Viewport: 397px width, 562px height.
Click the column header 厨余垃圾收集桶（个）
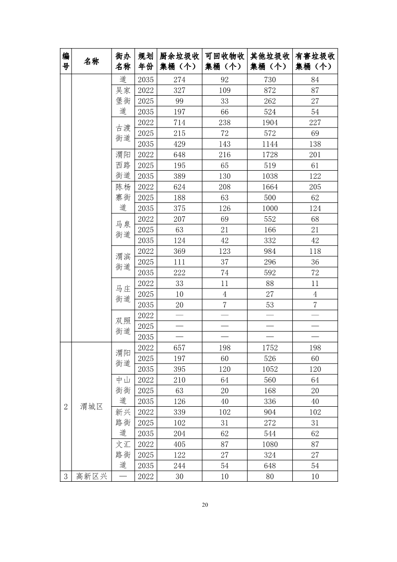[x=179, y=61]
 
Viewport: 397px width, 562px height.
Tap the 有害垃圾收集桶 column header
[x=315, y=61]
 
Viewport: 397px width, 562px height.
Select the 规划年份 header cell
[x=146, y=61]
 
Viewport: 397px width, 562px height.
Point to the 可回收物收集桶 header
[x=224, y=61]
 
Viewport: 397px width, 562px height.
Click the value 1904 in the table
[x=270, y=123]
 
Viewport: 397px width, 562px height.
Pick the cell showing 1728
[x=270, y=155]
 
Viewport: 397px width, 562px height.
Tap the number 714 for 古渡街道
[x=179, y=123]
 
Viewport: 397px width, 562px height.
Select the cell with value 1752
[x=270, y=348]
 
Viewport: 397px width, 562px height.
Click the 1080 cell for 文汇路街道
[x=270, y=444]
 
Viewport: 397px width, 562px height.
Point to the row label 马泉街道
[x=123, y=229]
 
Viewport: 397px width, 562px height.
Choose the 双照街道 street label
[x=123, y=326]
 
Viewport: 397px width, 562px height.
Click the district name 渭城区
[x=91, y=407]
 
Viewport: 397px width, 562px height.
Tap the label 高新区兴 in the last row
[x=91, y=476]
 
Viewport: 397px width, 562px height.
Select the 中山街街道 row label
[x=123, y=390]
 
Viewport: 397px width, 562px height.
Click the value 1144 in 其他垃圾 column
[x=270, y=144]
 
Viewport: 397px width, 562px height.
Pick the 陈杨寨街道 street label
[x=123, y=197]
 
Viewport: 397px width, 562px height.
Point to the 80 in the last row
[x=270, y=476]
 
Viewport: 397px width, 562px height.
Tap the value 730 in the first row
[x=270, y=80]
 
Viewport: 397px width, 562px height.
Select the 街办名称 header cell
[x=123, y=61]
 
